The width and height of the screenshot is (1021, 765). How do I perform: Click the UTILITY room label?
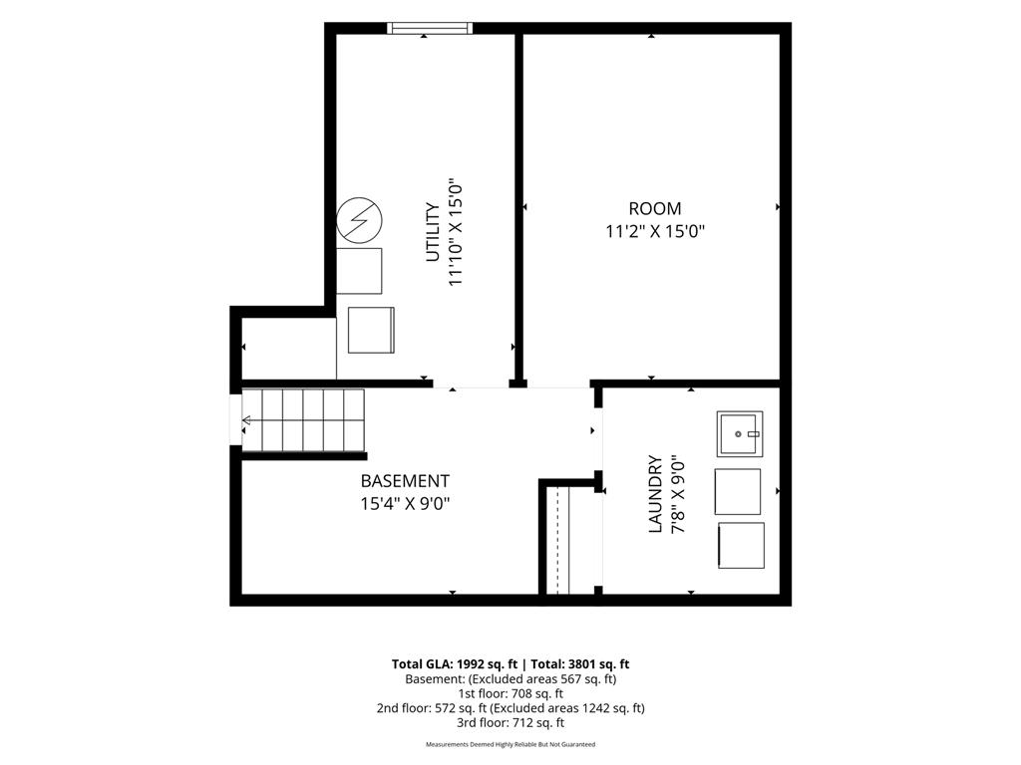[x=433, y=232]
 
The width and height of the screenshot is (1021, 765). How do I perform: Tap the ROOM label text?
[x=654, y=209]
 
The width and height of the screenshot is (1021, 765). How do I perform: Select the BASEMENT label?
[x=405, y=481]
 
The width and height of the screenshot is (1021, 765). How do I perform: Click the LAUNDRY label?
[x=655, y=494]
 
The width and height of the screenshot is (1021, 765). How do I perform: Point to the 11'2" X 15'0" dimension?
[x=655, y=231]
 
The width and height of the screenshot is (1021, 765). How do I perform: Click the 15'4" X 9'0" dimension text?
[x=405, y=503]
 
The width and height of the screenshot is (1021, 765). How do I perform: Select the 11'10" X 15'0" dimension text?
[x=455, y=232]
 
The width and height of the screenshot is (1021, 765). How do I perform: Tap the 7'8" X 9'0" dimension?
[x=678, y=494]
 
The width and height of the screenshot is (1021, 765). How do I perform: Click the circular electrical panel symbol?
[x=359, y=220]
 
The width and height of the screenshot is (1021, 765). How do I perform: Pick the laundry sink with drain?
[x=740, y=434]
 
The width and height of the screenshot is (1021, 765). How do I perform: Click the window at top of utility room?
[x=430, y=28]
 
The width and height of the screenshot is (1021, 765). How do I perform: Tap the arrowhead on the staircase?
[x=246, y=421]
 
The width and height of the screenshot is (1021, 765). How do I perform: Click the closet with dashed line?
[x=558, y=540]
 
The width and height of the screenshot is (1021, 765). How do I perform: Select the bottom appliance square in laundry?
[x=741, y=545]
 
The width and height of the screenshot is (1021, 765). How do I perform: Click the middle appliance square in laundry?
[x=738, y=492]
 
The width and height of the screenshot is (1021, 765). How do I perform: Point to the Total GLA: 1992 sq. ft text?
[x=454, y=664]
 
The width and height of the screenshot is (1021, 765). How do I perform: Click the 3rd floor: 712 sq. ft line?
[x=510, y=723]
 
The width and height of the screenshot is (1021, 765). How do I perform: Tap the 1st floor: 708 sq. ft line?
[x=510, y=693]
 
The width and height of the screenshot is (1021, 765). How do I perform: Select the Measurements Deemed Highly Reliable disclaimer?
[x=510, y=744]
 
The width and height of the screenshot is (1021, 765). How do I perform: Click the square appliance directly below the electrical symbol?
[x=359, y=271]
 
